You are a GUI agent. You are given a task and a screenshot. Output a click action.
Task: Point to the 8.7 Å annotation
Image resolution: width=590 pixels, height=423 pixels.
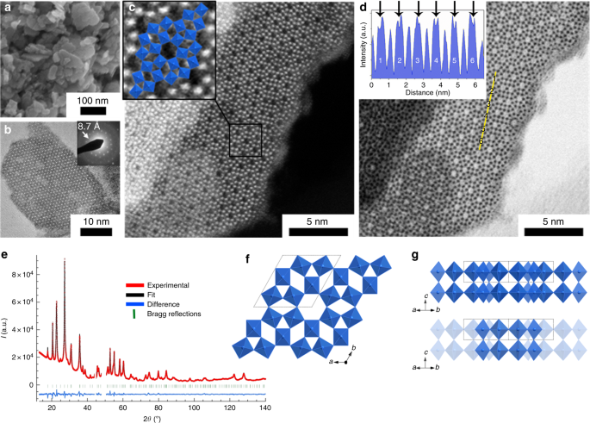point(88,126)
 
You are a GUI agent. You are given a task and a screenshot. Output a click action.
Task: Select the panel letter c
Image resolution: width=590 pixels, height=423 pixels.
point(132,10)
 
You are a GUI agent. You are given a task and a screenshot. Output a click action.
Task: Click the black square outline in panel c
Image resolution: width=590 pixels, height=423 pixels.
point(245,140)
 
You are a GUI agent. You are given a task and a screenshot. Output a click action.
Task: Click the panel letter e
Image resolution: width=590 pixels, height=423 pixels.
point(6,256)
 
